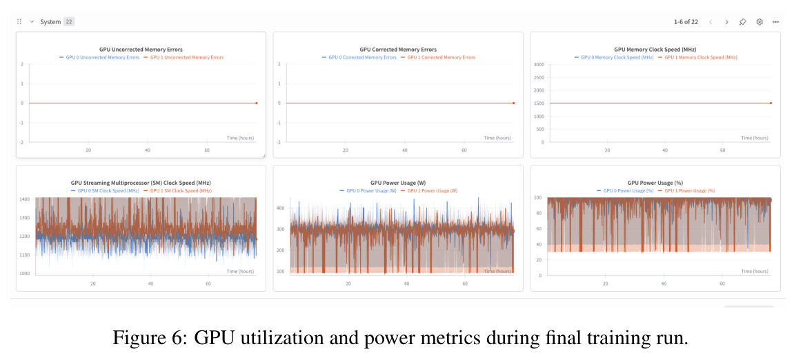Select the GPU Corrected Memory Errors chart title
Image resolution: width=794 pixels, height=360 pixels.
point(398,50)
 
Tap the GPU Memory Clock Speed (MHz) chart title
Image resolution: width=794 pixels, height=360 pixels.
point(655,50)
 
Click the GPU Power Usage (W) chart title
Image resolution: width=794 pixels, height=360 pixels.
point(398,183)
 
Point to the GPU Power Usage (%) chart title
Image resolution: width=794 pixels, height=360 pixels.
point(656,183)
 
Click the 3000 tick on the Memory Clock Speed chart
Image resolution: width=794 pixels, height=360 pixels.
point(539,65)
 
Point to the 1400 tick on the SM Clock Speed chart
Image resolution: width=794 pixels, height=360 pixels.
point(26,199)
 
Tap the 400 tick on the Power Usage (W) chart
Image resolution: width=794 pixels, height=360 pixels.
point(281,208)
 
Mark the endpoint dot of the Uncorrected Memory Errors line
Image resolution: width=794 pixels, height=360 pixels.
point(256,103)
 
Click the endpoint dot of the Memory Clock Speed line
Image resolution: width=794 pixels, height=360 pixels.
point(771,103)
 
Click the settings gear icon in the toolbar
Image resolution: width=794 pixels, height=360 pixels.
point(759,22)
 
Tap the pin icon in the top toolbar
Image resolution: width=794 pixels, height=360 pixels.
point(743,22)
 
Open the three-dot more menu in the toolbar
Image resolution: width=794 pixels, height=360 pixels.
point(775,22)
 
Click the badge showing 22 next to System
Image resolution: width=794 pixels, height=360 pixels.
point(69,22)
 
